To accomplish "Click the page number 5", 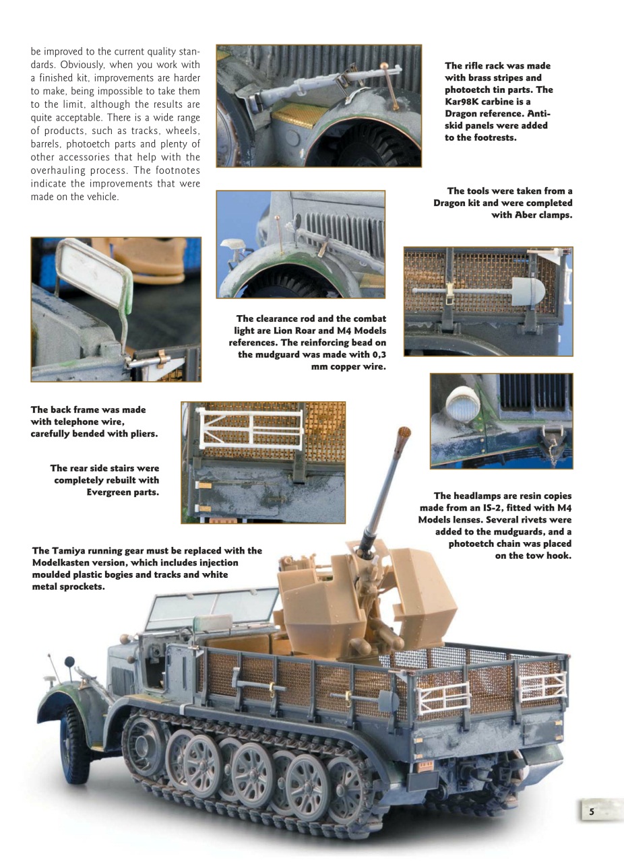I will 592,811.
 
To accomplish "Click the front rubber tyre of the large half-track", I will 73,741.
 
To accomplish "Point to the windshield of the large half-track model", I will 209,606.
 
